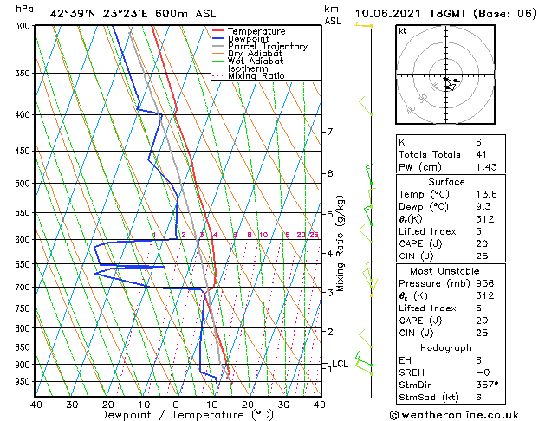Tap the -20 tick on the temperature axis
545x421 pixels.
coord(104,404)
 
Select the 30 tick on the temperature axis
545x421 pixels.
coord(283,404)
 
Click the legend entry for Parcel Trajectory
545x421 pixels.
coord(267,46)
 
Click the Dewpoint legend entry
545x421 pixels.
coord(248,39)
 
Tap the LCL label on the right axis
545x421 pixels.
coord(341,364)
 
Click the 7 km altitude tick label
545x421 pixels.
coord(329,132)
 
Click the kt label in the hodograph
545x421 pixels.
coord(403,31)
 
